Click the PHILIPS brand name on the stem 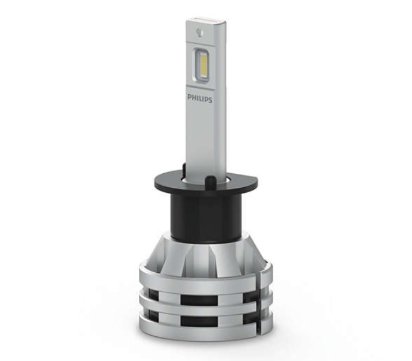coord(200,99)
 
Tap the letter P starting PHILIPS coord(189,98)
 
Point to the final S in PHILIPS coord(210,100)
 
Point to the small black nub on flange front coord(209,181)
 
